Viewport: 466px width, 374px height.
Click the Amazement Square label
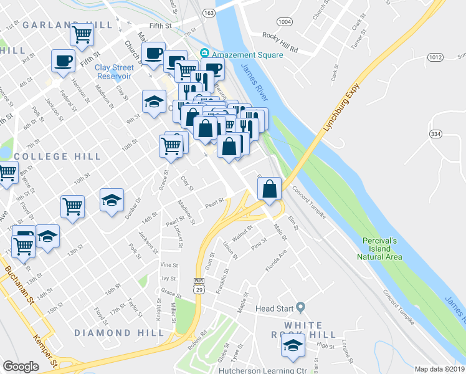[x=247, y=55]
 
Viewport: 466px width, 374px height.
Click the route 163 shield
[x=209, y=12]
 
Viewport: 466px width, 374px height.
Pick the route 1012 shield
[x=435, y=58]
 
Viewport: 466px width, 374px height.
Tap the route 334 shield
[x=435, y=134]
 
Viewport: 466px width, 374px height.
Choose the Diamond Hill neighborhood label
[x=119, y=333]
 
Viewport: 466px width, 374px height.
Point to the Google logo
[x=21, y=367]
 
